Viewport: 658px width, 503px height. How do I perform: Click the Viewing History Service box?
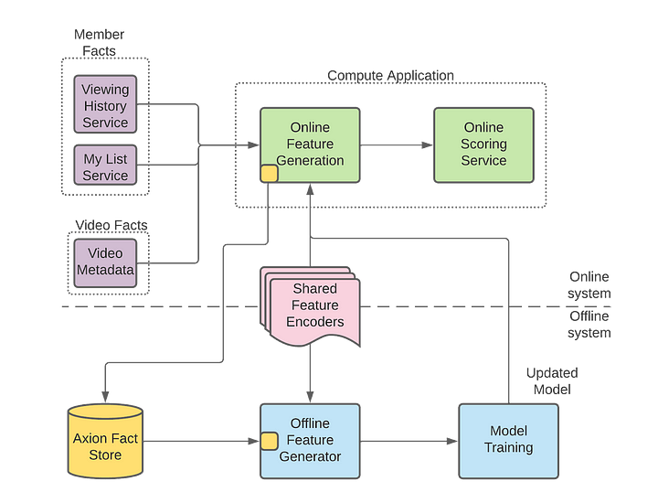[x=105, y=104]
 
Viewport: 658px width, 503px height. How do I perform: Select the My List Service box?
[x=105, y=165]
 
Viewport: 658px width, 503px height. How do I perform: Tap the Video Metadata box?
[x=105, y=263]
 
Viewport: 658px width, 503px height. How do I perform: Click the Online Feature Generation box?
[x=310, y=145]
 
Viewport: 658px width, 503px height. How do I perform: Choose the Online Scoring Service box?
[x=483, y=145]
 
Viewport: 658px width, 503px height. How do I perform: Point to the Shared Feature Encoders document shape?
[x=311, y=306]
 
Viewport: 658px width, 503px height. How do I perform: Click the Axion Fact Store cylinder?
[x=105, y=442]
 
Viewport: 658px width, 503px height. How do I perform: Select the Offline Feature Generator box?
[x=310, y=442]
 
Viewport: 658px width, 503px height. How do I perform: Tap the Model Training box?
[x=509, y=442]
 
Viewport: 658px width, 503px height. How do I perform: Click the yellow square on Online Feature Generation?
[x=269, y=174]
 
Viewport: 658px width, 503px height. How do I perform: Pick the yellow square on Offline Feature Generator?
[x=269, y=442]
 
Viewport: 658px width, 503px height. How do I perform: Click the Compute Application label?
[x=391, y=76]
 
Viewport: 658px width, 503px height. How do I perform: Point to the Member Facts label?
[x=99, y=42]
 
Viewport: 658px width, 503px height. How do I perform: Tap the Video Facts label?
[x=111, y=225]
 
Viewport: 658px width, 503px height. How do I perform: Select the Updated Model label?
[x=552, y=380]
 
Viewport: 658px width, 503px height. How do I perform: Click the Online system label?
[x=589, y=284]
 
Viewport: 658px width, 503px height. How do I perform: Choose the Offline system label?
[x=589, y=324]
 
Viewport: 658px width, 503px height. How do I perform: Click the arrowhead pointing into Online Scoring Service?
[x=427, y=145]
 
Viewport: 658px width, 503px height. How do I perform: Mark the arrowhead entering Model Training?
[x=452, y=442]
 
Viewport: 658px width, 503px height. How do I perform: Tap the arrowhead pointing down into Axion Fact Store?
[x=105, y=397]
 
